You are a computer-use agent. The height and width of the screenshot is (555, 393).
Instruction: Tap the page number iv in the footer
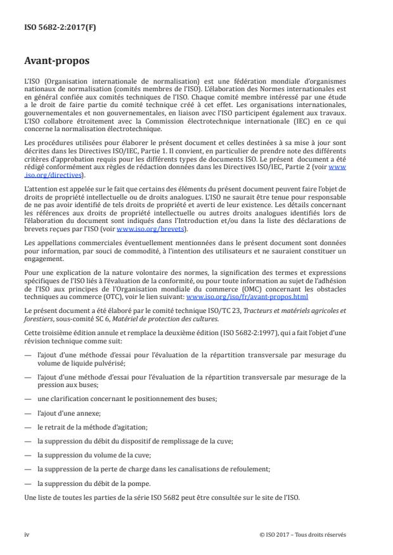(x=27, y=534)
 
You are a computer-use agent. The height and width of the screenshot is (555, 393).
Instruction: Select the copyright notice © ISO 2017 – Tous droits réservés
(x=302, y=534)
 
